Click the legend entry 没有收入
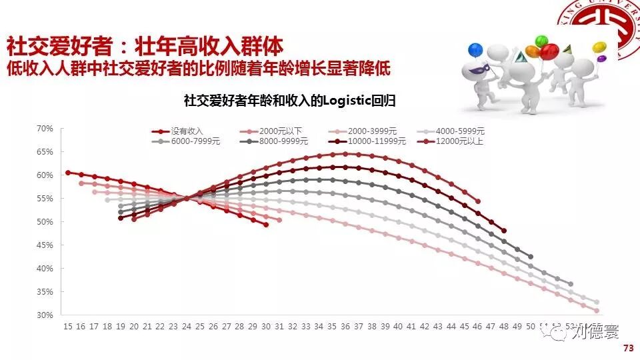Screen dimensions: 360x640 [187, 132]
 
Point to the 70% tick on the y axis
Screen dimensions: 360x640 [44, 129]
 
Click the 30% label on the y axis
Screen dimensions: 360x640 [44, 315]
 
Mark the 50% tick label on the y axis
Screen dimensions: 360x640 [44, 222]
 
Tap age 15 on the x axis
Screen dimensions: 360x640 [67, 327]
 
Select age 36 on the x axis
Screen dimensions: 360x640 [345, 327]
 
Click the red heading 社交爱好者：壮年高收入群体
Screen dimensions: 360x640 [145, 47]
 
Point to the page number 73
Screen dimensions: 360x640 [627, 349]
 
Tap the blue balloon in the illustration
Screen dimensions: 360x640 [475, 50]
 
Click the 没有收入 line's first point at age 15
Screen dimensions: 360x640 [67, 173]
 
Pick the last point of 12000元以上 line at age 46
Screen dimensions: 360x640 [477, 201]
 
